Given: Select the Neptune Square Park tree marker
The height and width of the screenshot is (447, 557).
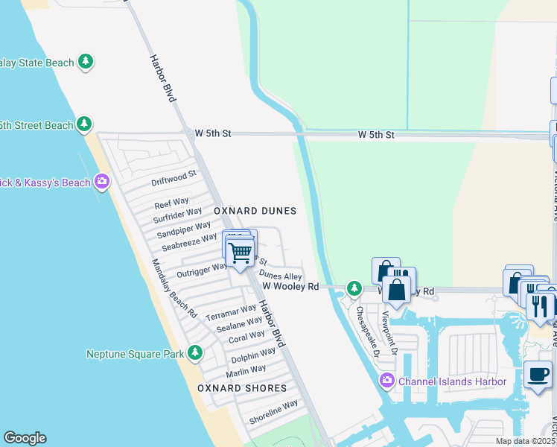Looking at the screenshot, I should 195,353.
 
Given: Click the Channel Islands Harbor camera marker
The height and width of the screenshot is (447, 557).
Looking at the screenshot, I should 386,381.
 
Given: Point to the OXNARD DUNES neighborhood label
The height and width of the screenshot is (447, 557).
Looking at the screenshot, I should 255,212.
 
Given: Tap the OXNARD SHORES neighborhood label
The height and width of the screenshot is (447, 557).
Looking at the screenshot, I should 242,388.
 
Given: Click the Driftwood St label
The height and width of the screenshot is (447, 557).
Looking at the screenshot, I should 174,177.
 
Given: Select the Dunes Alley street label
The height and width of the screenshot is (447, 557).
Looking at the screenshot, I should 281,276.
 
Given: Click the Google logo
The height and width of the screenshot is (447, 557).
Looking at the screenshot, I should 25,438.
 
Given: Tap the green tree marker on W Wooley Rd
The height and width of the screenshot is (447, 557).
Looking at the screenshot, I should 354,288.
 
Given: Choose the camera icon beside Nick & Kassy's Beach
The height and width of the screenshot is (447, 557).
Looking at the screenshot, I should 102,182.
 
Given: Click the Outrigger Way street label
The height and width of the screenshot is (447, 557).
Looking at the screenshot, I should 201,269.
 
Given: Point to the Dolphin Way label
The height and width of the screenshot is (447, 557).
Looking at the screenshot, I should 253,355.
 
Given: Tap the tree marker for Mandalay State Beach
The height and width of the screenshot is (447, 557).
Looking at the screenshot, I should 86,62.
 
